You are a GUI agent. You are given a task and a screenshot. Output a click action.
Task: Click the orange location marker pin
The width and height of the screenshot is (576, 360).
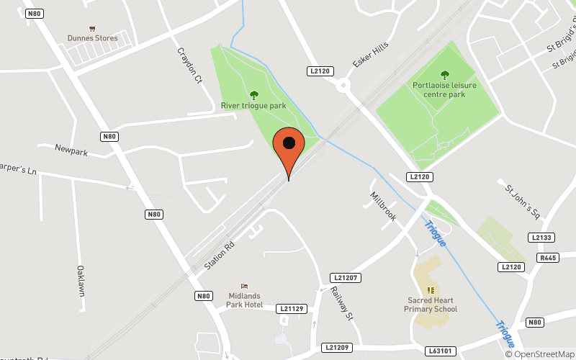click(x=289, y=148)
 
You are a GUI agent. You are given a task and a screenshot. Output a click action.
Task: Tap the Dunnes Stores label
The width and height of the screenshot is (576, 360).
click(x=92, y=38)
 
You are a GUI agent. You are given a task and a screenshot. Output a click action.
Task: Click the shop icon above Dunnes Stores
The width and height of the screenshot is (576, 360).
click(x=92, y=27)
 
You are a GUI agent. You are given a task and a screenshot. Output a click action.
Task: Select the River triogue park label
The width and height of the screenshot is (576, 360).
click(x=253, y=106)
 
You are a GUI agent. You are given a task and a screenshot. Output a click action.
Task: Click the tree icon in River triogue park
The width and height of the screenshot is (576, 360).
click(x=253, y=94)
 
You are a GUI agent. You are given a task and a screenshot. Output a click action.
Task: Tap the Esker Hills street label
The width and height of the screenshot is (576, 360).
click(x=365, y=55)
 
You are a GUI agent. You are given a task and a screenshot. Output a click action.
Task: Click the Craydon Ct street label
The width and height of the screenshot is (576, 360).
click(x=189, y=66)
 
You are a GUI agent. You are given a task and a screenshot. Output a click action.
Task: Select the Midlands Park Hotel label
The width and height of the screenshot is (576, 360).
click(x=246, y=300)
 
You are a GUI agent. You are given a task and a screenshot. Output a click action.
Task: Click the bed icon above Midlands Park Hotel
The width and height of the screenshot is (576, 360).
click(x=244, y=287)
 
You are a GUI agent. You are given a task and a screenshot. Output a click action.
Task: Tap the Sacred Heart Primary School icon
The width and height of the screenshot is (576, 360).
click(x=431, y=290)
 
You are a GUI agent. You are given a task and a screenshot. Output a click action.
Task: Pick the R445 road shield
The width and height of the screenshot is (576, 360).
click(x=548, y=257)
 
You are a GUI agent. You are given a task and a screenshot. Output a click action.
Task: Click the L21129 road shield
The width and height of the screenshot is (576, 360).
click(x=291, y=308)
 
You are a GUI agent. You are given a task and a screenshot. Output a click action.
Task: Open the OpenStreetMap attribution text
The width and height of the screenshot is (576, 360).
click(x=539, y=354)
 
